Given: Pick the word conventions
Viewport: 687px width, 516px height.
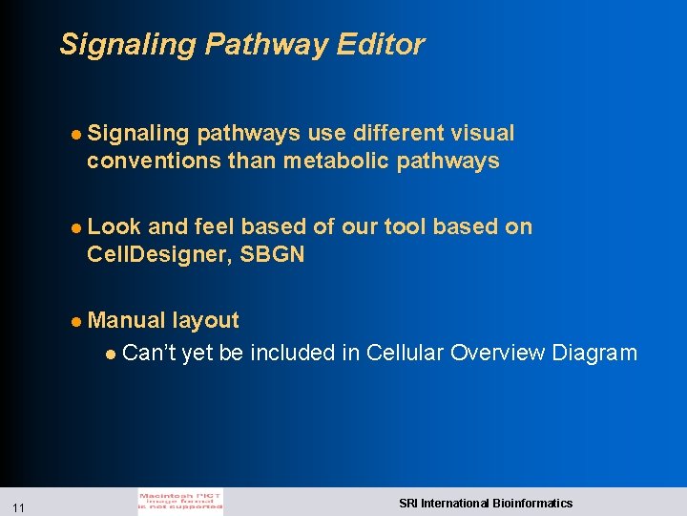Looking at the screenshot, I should click(154, 161).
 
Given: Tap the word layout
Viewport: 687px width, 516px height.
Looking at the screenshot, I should click(205, 320).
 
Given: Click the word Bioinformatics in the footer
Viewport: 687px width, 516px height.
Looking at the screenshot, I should click(531, 503).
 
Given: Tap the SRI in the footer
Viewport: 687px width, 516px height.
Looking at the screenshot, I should click(408, 503).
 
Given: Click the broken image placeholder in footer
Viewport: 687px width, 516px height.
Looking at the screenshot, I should click(180, 502).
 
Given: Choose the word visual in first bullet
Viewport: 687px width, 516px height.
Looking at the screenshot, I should click(483, 133).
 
